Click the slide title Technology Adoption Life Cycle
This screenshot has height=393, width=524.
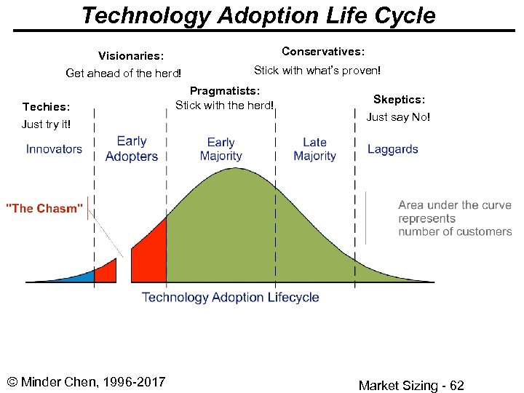(x=258, y=15)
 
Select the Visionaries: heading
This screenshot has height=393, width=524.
(x=131, y=55)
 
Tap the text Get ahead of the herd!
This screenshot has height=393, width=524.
(x=123, y=73)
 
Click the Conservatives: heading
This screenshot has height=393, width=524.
(x=323, y=51)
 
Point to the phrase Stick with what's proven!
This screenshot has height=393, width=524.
(x=317, y=71)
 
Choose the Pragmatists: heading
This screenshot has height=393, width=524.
(x=224, y=90)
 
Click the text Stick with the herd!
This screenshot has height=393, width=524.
(x=224, y=105)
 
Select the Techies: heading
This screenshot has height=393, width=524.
(x=47, y=107)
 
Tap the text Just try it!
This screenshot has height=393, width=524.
(x=49, y=124)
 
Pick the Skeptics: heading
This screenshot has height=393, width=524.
(x=399, y=99)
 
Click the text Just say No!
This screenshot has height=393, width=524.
(x=398, y=116)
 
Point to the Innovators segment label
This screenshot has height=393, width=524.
(x=54, y=149)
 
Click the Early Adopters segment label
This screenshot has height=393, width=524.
(x=132, y=148)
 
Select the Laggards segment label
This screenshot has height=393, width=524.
(x=392, y=149)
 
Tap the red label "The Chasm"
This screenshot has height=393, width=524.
(x=44, y=208)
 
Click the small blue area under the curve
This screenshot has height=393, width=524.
(x=83, y=276)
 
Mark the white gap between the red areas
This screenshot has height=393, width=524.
(x=124, y=269)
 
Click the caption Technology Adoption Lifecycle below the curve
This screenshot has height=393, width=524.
(x=230, y=297)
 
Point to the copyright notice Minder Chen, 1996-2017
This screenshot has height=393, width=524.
(x=86, y=382)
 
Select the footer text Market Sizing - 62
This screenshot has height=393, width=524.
(x=410, y=386)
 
